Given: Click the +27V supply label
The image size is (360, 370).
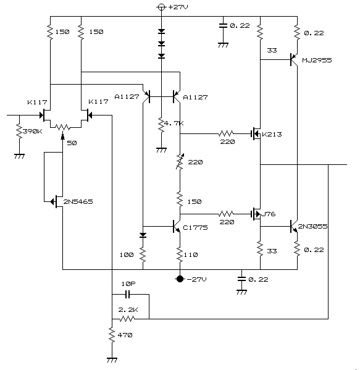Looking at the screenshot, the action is (x=178, y=7).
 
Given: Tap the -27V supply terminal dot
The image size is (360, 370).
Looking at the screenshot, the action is (x=180, y=279).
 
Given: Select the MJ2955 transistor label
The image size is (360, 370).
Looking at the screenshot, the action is (x=317, y=60).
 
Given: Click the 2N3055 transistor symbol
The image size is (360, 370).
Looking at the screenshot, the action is (x=294, y=226).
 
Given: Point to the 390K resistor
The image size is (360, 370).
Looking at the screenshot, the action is (x=19, y=131).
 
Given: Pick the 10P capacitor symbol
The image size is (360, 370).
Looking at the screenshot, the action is (x=127, y=294).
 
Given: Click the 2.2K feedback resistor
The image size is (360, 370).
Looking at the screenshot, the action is (x=127, y=319).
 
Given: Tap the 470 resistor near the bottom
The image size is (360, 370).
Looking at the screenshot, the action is (x=112, y=334).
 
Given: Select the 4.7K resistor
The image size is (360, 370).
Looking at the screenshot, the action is (x=161, y=125).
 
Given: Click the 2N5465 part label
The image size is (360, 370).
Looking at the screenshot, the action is (x=78, y=201).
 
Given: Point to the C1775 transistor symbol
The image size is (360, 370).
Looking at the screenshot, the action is (x=177, y=227).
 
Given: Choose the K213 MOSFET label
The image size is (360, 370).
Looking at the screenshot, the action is (x=272, y=134).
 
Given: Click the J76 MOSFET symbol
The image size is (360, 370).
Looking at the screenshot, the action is (x=256, y=214).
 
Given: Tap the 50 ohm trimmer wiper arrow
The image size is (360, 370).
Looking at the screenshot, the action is (x=62, y=137).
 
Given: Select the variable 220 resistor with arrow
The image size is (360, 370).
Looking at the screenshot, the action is (x=180, y=162).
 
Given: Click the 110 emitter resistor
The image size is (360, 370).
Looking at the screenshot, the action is (x=180, y=255).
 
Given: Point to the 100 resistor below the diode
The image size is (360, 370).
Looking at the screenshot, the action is (x=143, y=254).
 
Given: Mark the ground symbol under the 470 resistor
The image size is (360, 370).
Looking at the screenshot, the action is (x=112, y=360).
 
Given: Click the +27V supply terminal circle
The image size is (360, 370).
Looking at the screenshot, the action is (x=161, y=7).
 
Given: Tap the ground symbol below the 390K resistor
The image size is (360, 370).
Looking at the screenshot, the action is (x=19, y=156).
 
